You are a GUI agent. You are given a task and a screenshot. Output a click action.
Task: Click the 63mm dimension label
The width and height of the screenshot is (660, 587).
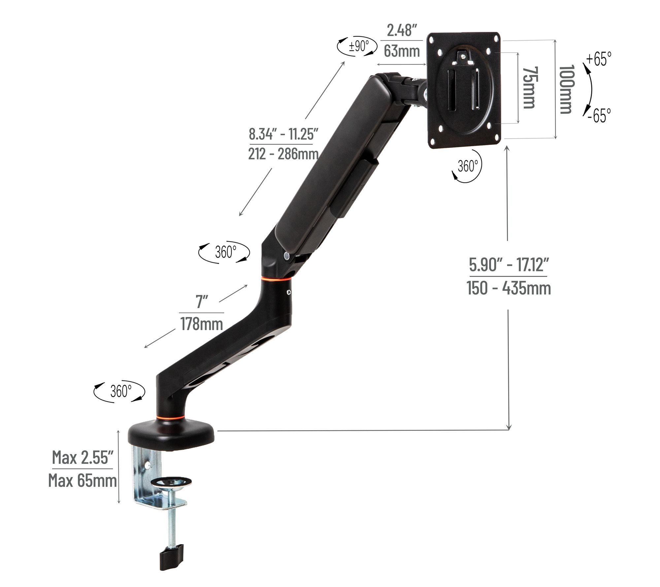click(x=402, y=51)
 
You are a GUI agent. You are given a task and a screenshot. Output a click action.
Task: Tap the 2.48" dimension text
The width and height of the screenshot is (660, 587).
click(x=400, y=31)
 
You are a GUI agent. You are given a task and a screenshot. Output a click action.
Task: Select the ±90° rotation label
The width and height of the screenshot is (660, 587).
click(x=359, y=46)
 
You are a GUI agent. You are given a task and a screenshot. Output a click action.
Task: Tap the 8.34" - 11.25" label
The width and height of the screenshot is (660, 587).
click(x=283, y=134)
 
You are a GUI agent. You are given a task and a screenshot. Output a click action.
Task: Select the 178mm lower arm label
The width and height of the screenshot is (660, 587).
click(x=201, y=324)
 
